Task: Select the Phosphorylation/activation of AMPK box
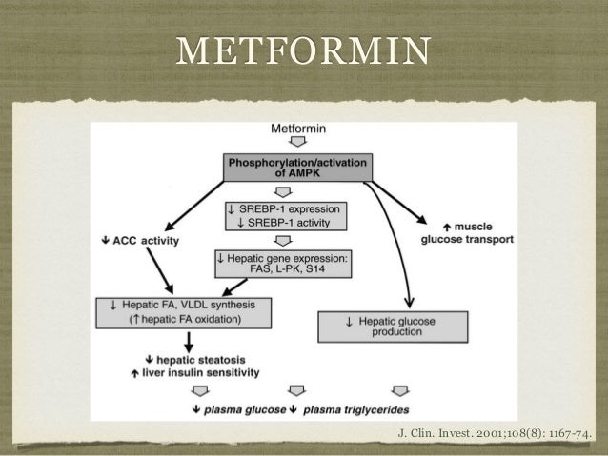[296, 169]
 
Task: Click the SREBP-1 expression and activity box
[287, 215]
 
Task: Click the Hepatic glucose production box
[393, 326]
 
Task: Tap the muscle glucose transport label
[467, 233]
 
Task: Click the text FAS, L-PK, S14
[284, 268]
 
